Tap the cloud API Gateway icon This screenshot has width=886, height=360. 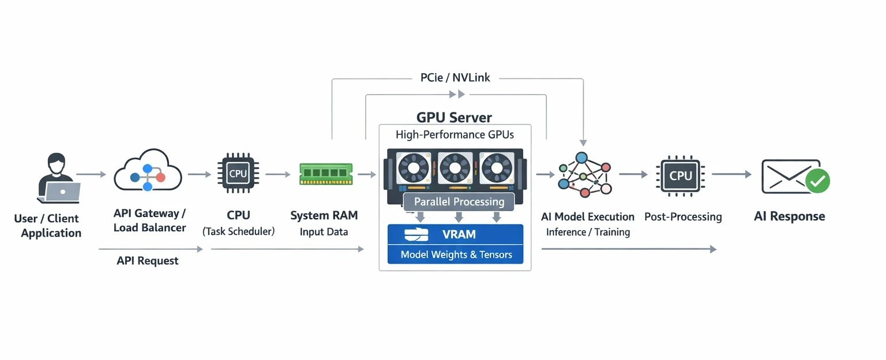coord(148,171)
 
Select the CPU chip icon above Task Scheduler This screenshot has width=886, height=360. coord(238,174)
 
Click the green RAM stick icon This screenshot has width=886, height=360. coord(325,174)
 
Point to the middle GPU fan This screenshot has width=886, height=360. coord(456,167)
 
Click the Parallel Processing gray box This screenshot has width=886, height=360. coord(459,202)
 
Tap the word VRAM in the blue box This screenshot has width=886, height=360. coord(459,235)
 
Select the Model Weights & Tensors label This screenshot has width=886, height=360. coord(456,254)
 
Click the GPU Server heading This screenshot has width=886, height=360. coord(454,118)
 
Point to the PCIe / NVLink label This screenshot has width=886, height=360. coord(455,77)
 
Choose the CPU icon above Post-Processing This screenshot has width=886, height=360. coord(681,175)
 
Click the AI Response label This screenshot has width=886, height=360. coord(789,217)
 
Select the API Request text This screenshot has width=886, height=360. coord(148,261)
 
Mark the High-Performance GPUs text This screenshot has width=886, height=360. coord(455,135)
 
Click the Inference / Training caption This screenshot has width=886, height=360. coord(588,232)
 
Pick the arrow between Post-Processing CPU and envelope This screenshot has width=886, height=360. coord(731,174)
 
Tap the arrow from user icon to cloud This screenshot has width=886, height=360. coord(91,174)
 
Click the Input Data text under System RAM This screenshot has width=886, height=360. coord(324,232)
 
